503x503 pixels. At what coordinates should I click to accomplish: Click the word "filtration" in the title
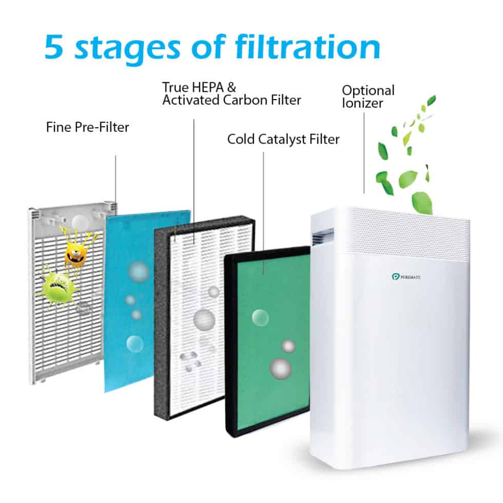pyautogui.click(x=308, y=47)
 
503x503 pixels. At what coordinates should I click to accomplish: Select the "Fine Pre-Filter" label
pyautogui.click(x=87, y=126)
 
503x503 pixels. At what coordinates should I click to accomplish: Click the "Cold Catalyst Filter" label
pyautogui.click(x=283, y=139)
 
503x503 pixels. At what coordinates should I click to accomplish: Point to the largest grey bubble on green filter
pyautogui.click(x=281, y=368)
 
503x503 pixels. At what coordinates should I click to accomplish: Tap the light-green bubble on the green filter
pyautogui.click(x=260, y=317)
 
